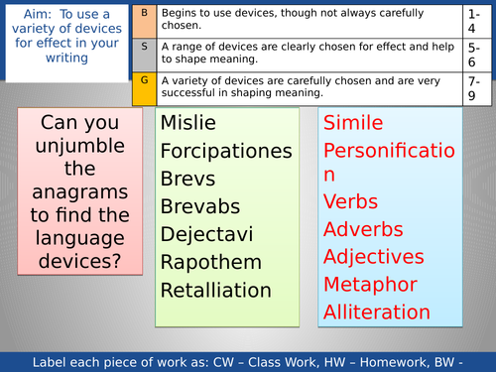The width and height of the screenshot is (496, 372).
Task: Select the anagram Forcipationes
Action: coord(226,151)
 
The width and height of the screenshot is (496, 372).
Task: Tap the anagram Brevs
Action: coord(187,179)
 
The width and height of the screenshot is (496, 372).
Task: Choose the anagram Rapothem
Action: coord(210,262)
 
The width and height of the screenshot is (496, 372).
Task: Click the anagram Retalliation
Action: coord(215,290)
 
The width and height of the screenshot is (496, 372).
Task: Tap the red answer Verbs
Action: coord(350,200)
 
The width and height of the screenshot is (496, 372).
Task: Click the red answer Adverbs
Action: coord(363,228)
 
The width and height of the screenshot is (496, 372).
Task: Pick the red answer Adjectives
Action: coord(374,256)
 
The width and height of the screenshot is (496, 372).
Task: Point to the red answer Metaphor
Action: coord(372,284)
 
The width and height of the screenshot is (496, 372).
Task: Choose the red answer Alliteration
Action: coord(377,311)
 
